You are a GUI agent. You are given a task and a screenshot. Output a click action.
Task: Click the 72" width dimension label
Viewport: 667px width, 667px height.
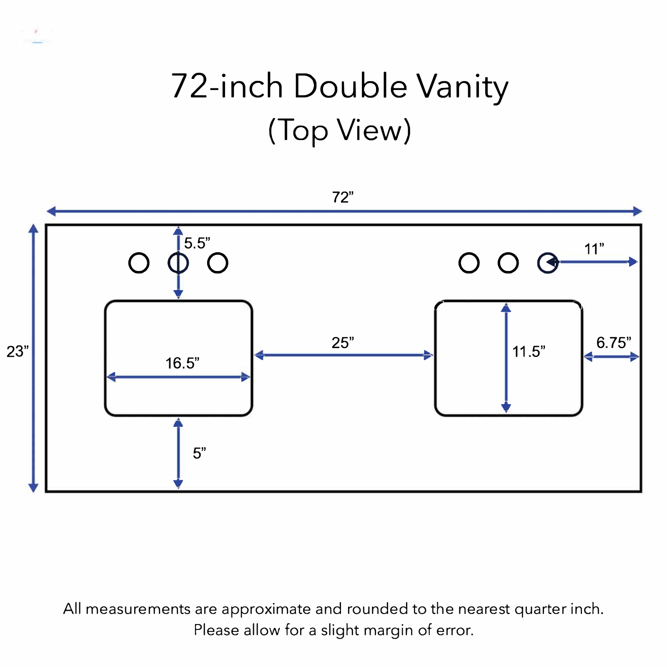click(343, 197)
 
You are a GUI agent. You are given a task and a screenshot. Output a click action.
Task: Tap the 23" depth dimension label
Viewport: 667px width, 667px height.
click(18, 351)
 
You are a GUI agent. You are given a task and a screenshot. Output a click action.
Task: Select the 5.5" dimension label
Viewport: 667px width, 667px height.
click(197, 243)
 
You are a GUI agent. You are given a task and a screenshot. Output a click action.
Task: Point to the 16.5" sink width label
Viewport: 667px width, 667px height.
click(182, 363)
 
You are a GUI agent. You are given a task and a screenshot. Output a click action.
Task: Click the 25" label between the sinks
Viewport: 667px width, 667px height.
click(343, 343)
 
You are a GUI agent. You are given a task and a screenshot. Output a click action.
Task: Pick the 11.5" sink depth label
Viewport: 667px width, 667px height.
click(529, 351)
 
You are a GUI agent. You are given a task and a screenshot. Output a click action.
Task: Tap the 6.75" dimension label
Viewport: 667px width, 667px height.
click(614, 343)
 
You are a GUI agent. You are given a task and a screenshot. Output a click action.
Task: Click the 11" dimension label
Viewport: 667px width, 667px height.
click(594, 249)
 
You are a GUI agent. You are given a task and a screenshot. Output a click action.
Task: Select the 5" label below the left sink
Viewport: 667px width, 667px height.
click(199, 453)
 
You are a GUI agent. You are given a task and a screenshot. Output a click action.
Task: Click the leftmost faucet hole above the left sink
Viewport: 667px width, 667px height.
click(139, 253)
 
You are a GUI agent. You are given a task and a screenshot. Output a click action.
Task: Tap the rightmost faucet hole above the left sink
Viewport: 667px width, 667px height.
click(218, 253)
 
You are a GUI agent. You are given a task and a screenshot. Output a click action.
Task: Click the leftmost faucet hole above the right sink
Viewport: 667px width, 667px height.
click(469, 253)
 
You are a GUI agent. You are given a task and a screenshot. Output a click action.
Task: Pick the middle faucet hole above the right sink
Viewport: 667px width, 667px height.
click(508, 253)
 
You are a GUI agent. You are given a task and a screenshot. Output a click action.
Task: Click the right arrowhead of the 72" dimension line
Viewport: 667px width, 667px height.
click(637, 211)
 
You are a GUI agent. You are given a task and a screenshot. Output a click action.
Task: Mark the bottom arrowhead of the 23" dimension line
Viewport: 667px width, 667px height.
click(33, 488)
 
